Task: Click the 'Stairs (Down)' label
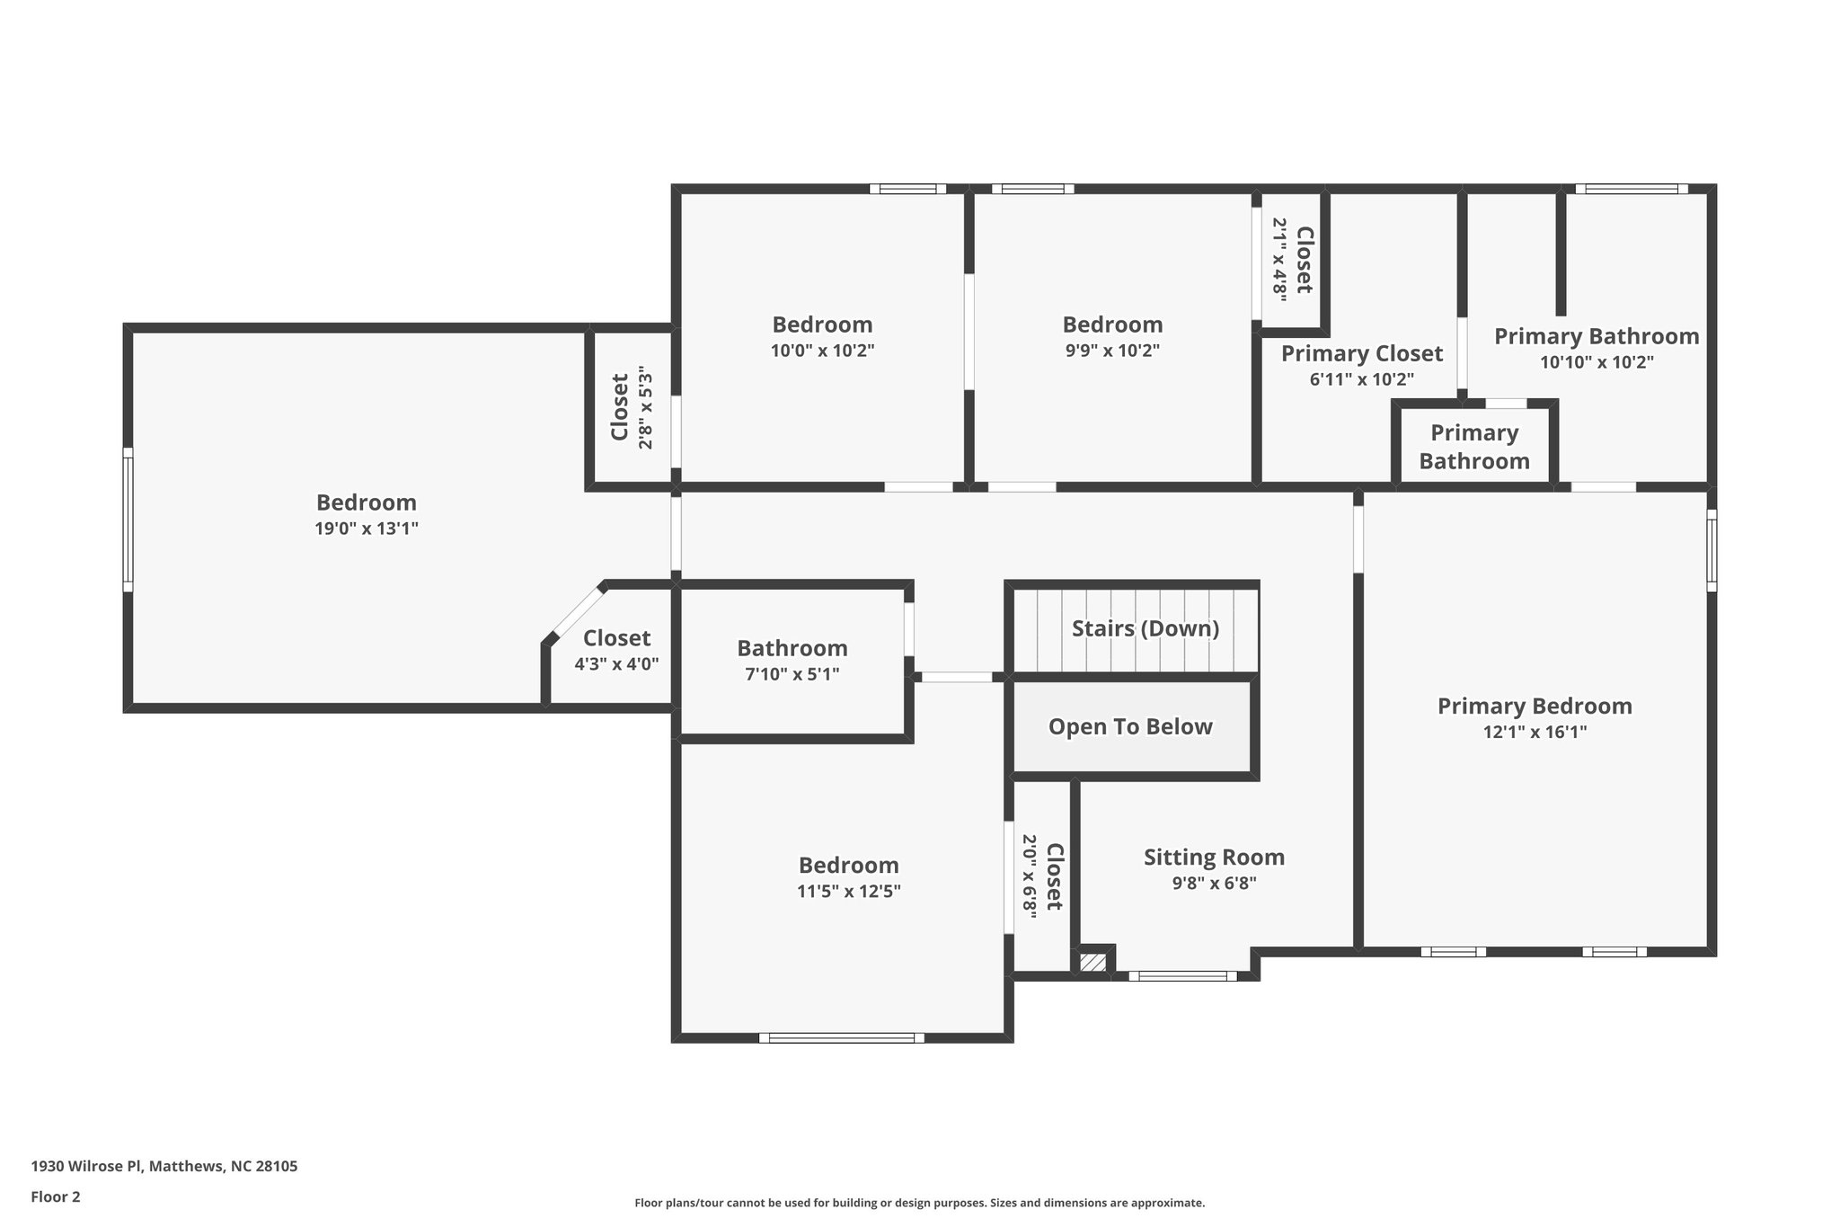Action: point(1145,628)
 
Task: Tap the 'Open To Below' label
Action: point(1130,726)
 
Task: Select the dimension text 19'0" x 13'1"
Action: point(367,529)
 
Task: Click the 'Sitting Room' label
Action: point(1214,857)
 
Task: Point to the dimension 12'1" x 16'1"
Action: point(1535,732)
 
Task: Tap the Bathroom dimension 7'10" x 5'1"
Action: point(792,674)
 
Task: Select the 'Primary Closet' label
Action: point(1361,353)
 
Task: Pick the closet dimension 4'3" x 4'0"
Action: point(616,664)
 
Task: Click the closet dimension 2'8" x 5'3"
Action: point(644,407)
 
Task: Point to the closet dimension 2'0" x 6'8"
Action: point(1030,876)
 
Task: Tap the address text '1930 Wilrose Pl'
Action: point(86,1166)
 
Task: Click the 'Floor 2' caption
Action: point(56,1196)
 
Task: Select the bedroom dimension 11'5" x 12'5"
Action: point(848,891)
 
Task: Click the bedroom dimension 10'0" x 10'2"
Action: point(822,351)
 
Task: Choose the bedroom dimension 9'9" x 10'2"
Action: point(1112,351)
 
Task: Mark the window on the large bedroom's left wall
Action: point(128,520)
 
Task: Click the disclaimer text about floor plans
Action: point(919,1203)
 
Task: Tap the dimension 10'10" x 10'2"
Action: point(1597,362)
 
